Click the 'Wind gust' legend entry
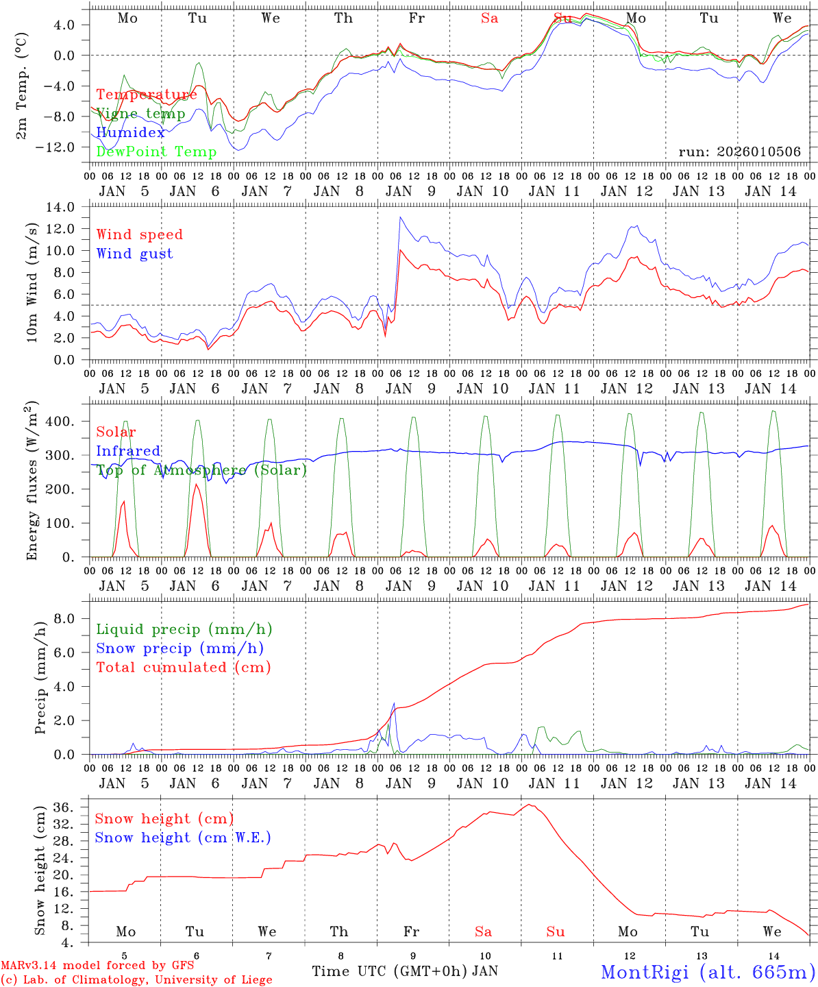(134, 254)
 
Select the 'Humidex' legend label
(130, 133)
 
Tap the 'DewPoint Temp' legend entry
(156, 151)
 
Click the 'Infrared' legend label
(128, 451)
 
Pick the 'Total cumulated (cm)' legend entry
(183, 667)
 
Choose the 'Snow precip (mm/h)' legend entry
(179, 648)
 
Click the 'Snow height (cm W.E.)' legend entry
(183, 838)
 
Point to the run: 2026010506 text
(739, 151)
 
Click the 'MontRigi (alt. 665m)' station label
(707, 971)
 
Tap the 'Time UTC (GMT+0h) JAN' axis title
(405, 971)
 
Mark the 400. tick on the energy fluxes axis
(66, 422)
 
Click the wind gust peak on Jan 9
(400, 217)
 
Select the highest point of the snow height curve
(529, 805)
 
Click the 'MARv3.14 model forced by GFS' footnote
(97, 966)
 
